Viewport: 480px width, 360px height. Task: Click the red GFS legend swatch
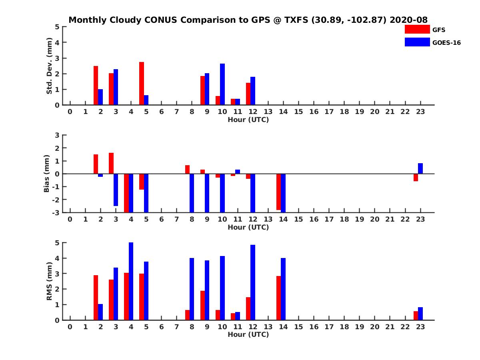(417, 29)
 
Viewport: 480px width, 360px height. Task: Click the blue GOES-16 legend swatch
(417, 42)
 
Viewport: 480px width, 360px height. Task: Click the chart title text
(248, 20)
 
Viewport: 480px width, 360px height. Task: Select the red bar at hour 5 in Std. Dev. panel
(142, 84)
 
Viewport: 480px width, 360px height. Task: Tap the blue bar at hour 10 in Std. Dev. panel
(222, 84)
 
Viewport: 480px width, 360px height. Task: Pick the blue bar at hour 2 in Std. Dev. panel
(100, 97)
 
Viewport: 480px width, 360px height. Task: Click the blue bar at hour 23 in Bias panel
(420, 168)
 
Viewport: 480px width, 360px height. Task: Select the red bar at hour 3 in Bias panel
(111, 163)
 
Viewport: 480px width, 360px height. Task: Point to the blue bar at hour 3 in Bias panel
(116, 190)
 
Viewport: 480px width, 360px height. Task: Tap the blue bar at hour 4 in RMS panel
(131, 281)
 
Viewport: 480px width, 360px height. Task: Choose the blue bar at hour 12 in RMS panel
(253, 282)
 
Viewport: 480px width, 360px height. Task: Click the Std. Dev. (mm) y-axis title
(50, 66)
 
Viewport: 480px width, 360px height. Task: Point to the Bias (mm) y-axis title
(47, 173)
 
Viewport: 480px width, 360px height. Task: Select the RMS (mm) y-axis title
(50, 281)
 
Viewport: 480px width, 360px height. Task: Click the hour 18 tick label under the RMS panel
(344, 327)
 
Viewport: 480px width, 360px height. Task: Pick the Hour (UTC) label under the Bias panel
(248, 227)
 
